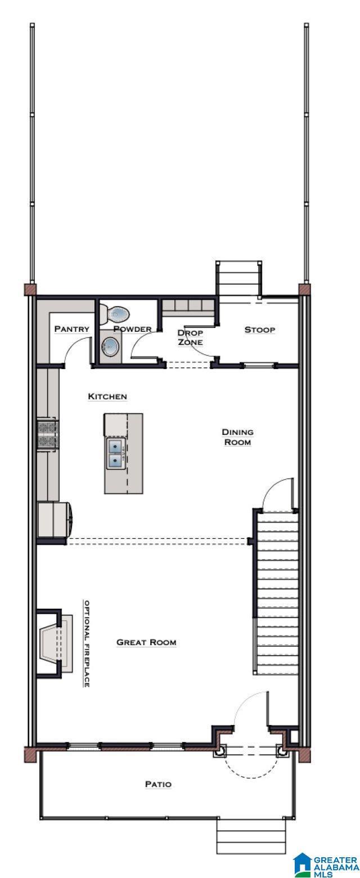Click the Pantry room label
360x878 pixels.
click(72, 328)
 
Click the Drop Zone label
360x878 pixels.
click(191, 337)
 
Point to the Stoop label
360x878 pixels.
click(260, 330)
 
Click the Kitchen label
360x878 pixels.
click(107, 397)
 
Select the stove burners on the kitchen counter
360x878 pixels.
click(48, 434)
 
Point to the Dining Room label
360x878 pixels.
click(237, 437)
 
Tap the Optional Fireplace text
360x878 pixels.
click(87, 643)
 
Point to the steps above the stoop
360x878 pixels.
click(238, 278)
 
